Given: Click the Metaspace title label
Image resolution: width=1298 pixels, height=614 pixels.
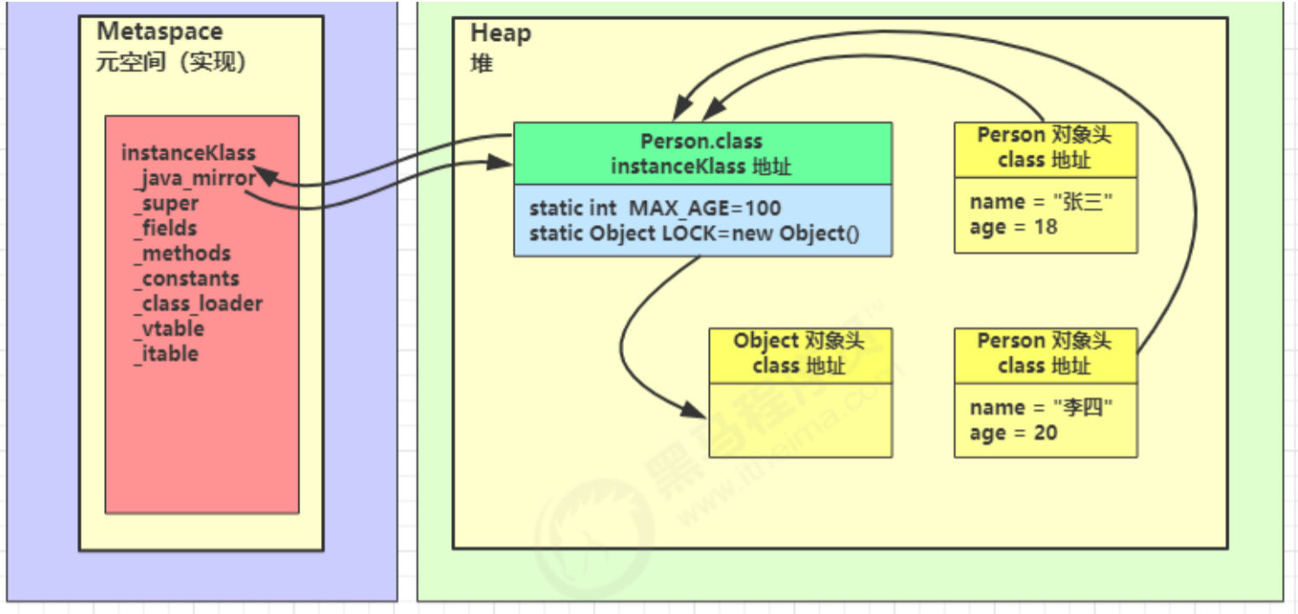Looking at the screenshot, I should (160, 32).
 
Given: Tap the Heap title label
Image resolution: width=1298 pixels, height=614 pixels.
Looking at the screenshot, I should (501, 34).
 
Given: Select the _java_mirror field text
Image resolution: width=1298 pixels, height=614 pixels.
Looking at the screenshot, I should (195, 178).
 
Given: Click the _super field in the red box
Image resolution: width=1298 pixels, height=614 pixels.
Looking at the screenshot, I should (167, 203).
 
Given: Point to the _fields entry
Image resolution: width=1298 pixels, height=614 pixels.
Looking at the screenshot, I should (166, 228).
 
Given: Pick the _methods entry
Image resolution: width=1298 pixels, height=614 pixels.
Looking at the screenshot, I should (182, 254).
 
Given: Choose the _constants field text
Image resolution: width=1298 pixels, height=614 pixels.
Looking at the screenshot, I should (187, 279).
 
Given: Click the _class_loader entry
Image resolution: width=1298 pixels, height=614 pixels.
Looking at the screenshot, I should (198, 304).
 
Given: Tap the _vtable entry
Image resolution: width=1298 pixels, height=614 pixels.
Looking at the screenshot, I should (169, 329).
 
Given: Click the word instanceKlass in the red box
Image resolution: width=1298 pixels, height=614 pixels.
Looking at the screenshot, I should (188, 153).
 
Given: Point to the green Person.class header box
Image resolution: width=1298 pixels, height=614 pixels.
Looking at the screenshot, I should (702, 153).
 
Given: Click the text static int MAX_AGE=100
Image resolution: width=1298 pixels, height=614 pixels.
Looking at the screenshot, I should (655, 208).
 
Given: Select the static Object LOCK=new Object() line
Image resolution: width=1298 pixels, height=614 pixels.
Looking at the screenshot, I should (694, 234).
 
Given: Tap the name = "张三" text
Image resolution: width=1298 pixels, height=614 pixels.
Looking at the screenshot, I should (1041, 201).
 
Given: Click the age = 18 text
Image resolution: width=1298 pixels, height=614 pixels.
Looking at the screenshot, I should (1013, 227).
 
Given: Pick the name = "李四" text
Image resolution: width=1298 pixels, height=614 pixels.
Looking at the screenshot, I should (1041, 407).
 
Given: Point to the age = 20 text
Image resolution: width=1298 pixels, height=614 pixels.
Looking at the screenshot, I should (1013, 432).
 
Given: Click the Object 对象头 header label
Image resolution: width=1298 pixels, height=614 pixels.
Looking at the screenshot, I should (799, 340).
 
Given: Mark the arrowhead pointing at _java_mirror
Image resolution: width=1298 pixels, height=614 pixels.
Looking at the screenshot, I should (265, 175).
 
